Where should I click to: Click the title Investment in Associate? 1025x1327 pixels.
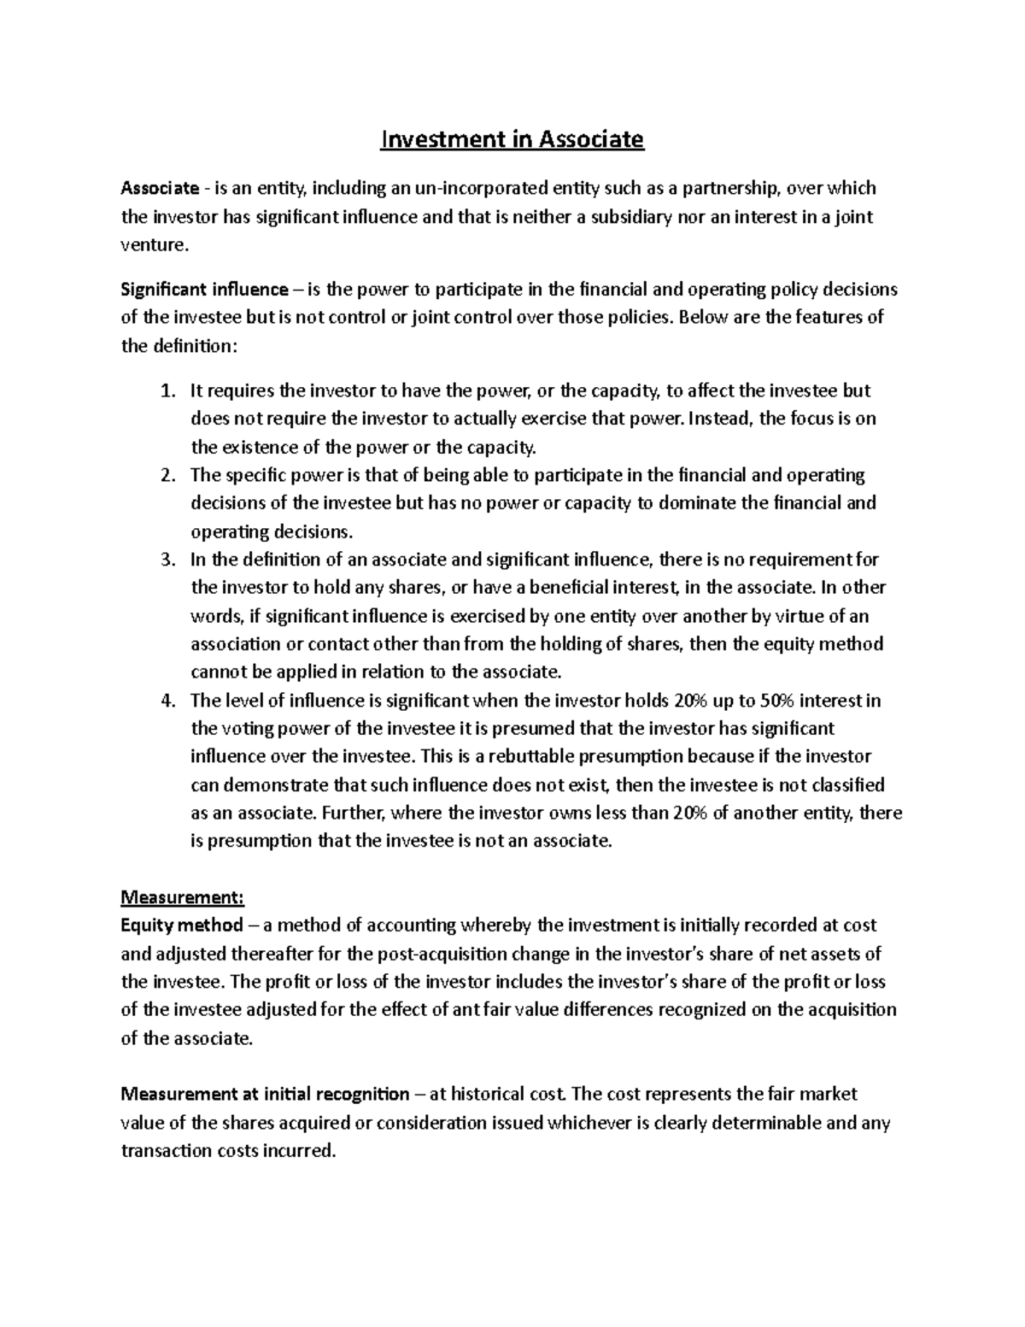(512, 138)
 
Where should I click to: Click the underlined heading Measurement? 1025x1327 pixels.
(183, 897)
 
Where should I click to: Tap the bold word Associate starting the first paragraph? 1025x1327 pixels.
(160, 188)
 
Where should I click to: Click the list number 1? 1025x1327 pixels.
(167, 391)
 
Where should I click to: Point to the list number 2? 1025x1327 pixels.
(167, 475)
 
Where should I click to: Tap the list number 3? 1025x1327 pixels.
(167, 560)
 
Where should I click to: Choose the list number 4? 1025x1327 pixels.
(167, 701)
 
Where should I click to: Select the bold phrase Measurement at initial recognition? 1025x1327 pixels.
(265, 1094)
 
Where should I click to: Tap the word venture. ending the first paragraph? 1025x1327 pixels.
(154, 245)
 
